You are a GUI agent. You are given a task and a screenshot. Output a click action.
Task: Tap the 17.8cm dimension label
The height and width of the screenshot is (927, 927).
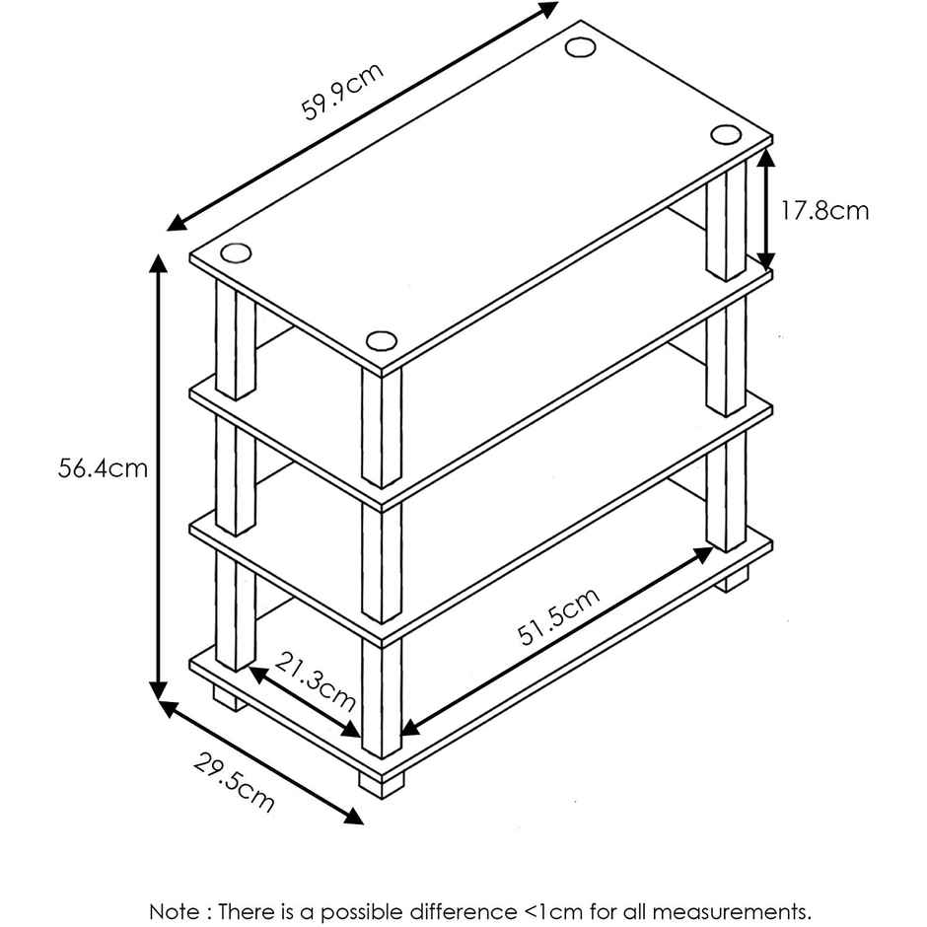(x=825, y=210)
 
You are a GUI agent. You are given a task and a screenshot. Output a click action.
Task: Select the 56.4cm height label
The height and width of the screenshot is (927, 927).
(x=103, y=468)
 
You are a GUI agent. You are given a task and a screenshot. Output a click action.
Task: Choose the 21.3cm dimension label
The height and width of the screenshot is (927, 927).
(x=316, y=681)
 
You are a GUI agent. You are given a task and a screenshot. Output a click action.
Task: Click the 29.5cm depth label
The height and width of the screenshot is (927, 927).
(x=234, y=782)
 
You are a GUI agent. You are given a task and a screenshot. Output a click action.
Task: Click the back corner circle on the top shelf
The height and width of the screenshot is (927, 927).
(x=580, y=47)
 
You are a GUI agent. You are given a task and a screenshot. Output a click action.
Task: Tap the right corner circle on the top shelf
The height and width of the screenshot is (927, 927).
(x=726, y=135)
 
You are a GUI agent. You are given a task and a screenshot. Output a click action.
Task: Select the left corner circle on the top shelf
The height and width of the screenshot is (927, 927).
(x=236, y=253)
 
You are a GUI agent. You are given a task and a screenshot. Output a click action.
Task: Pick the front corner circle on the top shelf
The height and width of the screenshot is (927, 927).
(x=382, y=341)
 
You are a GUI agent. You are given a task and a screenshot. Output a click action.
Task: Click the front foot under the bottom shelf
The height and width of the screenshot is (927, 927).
(x=382, y=784)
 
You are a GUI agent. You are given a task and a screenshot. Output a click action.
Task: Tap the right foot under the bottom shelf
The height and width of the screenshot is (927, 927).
(x=732, y=579)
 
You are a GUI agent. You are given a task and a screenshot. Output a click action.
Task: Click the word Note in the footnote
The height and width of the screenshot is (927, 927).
(x=175, y=911)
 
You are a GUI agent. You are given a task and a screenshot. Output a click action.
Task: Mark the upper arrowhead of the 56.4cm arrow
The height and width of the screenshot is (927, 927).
(x=158, y=263)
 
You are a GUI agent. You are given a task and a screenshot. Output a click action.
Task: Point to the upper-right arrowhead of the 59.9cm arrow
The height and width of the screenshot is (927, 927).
(x=547, y=9)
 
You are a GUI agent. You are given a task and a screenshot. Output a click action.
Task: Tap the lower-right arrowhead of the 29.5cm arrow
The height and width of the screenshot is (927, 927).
(x=353, y=817)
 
